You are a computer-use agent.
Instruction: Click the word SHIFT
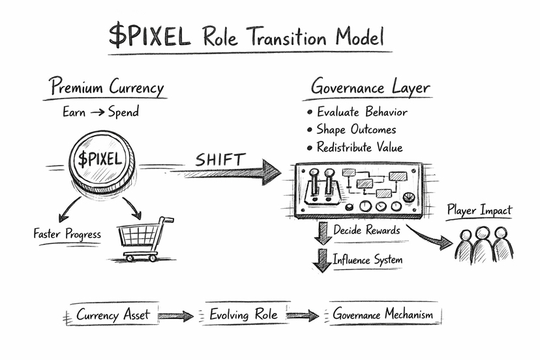tap(220, 158)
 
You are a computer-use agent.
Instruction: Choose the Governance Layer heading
tap(370, 87)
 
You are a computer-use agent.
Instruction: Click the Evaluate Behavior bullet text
tap(362, 112)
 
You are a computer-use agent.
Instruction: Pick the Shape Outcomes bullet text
tap(356, 129)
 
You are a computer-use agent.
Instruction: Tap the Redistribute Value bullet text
tap(359, 147)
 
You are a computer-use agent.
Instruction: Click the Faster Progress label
tap(67, 233)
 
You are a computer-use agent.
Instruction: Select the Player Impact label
tap(479, 211)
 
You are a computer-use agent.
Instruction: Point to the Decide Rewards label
tap(367, 230)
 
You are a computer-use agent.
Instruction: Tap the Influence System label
tap(368, 260)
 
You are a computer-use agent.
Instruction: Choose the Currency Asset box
tap(113, 315)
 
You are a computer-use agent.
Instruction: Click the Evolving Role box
tap(243, 315)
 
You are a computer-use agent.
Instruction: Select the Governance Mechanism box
tap(383, 315)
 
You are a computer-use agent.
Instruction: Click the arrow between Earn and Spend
tap(97, 112)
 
